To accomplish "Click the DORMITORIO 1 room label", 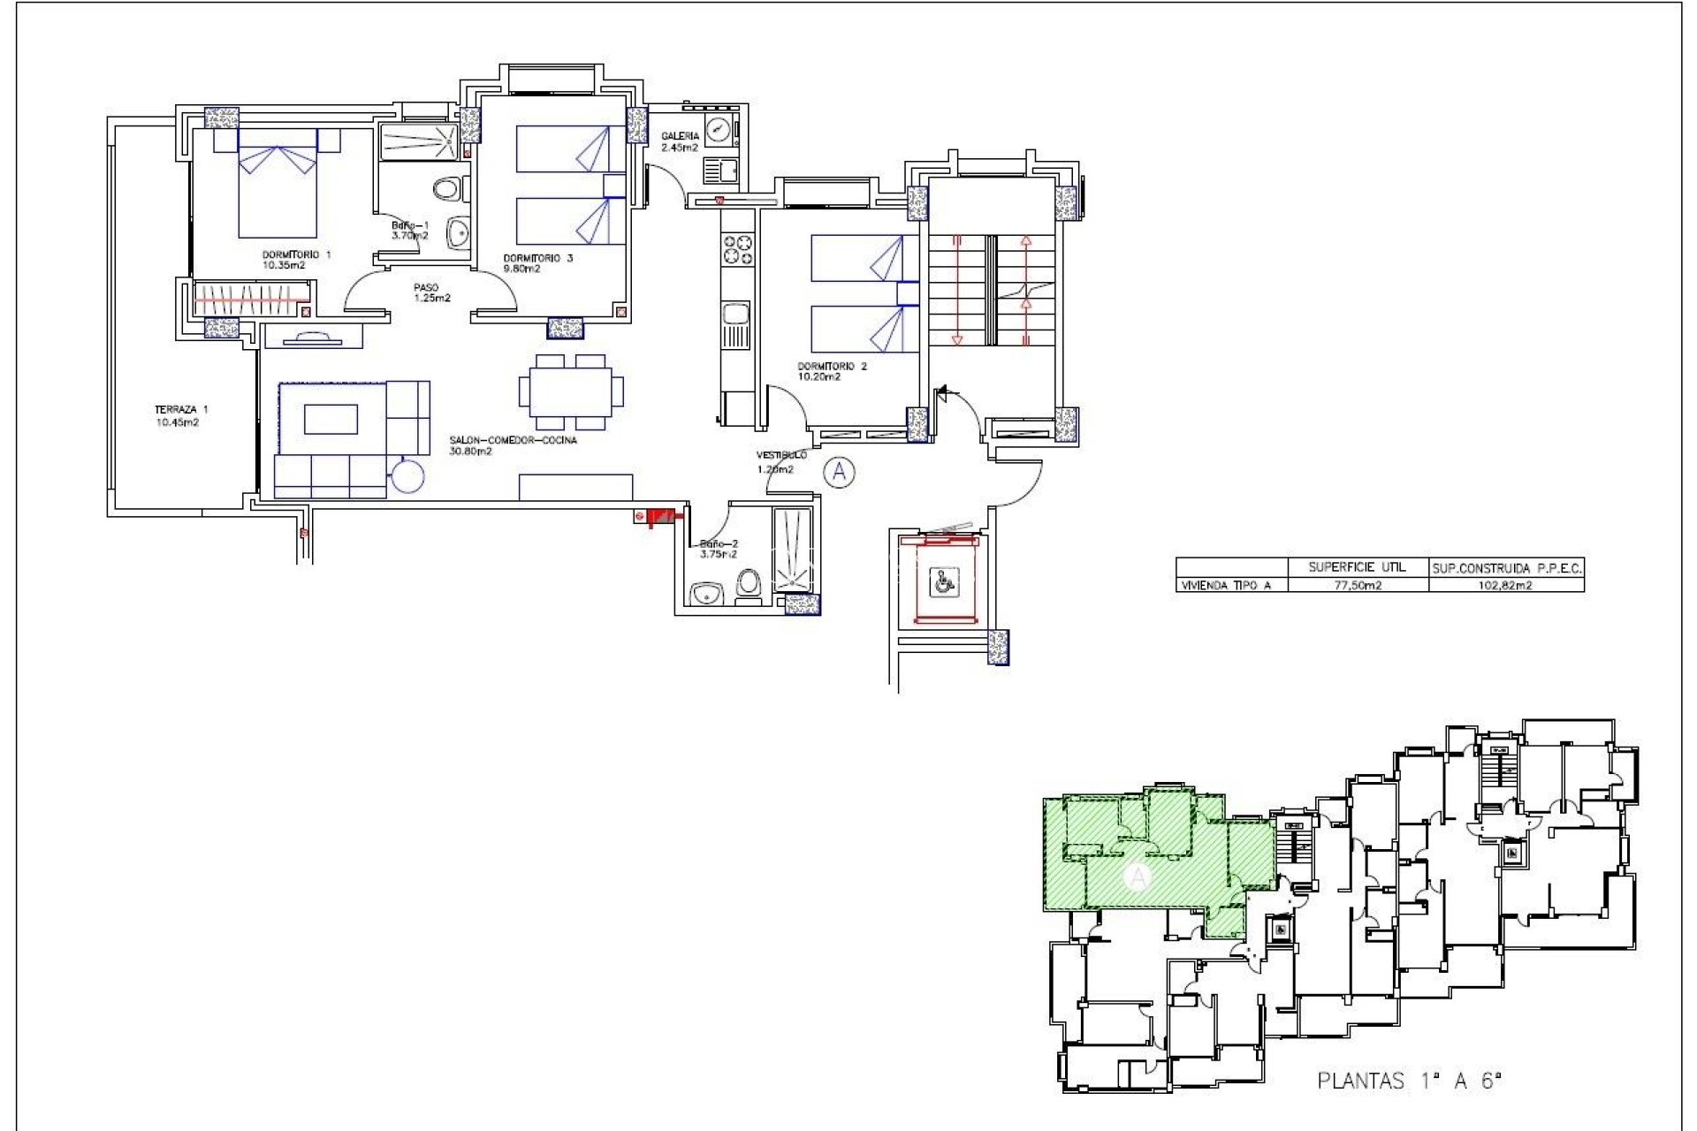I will click(295, 260).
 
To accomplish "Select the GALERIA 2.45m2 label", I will click(680, 141).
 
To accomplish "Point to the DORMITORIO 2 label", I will click(831, 371).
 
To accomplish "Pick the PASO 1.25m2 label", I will click(431, 292).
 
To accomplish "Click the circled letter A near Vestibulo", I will click(838, 473).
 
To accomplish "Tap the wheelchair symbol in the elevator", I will click(945, 581).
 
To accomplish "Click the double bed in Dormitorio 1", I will click(278, 190).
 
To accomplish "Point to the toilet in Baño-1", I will click(449, 188).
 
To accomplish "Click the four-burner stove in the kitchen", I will click(738, 248).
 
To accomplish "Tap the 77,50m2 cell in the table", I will click(1357, 585).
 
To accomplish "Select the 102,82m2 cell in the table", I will click(1505, 585).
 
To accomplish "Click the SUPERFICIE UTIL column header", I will click(1357, 567).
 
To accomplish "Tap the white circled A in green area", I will click(1138, 877).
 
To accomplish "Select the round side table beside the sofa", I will click(408, 477).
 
